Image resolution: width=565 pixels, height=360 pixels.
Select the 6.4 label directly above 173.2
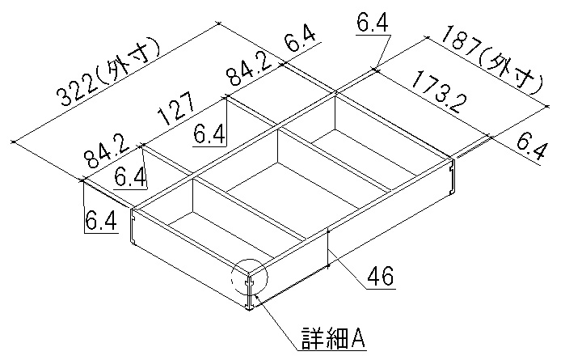[372, 24]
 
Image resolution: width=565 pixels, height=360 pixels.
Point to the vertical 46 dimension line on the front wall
[328, 249]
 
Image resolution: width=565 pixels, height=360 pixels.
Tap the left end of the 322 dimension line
[14, 142]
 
